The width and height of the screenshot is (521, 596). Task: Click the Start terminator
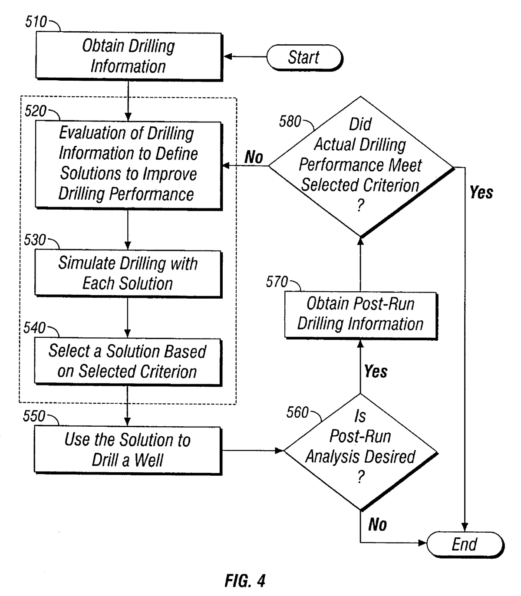coord(304,57)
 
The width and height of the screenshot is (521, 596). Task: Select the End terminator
coord(464,544)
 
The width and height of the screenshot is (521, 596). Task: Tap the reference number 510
coord(36,22)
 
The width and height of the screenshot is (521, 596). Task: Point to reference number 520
coord(35,111)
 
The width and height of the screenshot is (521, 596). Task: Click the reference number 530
coord(35,240)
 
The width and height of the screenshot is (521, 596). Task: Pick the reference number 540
coord(34,328)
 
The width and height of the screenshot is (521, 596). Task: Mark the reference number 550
coord(34,416)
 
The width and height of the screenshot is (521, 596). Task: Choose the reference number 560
coord(297,412)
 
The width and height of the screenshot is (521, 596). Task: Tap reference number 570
coord(277,282)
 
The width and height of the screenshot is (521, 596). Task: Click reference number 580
coord(290,122)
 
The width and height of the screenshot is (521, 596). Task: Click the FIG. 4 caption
coord(245,581)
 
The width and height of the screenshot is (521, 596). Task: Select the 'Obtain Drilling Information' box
coord(129,56)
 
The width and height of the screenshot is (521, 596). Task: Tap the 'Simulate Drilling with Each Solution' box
coord(128,273)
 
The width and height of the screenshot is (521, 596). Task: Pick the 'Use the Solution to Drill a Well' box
coord(128,450)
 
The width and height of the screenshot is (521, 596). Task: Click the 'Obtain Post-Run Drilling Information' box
coord(360,314)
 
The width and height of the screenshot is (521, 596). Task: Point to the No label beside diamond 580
coord(254,157)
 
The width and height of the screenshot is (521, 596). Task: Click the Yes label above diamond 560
coord(376,372)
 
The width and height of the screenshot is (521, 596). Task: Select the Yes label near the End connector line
coord(481,192)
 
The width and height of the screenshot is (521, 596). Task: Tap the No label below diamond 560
coord(377,525)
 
